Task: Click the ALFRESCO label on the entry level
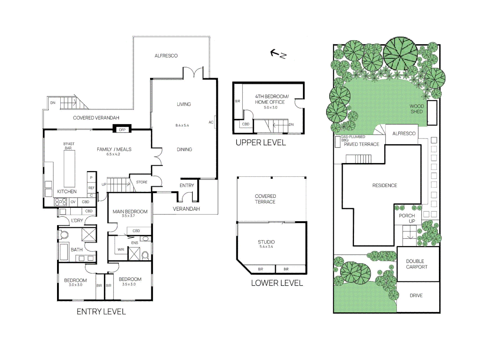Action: pos(166,56)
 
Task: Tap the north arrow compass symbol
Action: pos(278,54)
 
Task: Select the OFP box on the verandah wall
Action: pos(122,130)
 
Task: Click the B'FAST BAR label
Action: pos(69,146)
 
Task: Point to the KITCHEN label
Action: pos(67,192)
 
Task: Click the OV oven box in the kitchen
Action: pos(73,202)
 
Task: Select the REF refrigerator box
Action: pos(91,188)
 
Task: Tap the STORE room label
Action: pos(141,182)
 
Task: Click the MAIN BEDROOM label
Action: pos(130,212)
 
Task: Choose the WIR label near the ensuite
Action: pos(121,249)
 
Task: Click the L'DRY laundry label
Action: pos(77,221)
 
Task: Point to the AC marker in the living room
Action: pos(211,122)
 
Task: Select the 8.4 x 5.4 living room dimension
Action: pos(182,125)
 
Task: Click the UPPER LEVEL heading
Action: pos(261,143)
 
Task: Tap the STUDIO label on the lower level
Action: pos(266,242)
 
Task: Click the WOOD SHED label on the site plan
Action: pos(416,109)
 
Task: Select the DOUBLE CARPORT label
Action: pos(416,264)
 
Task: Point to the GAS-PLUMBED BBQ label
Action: pos(353,138)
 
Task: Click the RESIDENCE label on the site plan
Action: pos(385,185)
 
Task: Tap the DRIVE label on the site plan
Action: pos(416,296)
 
